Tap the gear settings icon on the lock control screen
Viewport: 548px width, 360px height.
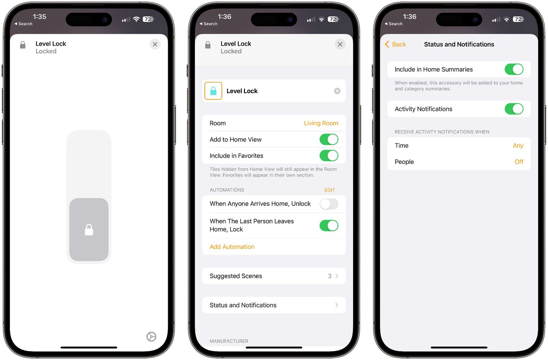point(151,337)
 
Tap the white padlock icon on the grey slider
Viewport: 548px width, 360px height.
point(89,230)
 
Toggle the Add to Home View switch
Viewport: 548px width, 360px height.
point(329,139)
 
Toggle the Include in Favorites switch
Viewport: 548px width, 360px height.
point(329,156)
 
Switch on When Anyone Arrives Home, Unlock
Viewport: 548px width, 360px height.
point(329,204)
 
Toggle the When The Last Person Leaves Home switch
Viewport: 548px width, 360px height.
point(329,225)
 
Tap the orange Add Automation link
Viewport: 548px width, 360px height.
point(232,247)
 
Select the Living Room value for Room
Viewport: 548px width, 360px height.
point(321,123)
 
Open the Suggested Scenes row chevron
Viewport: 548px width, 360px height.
point(337,276)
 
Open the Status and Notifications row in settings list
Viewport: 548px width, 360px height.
point(274,305)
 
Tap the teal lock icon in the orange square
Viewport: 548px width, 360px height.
point(213,91)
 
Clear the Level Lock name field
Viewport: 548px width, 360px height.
point(337,91)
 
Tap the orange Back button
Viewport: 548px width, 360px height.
point(395,44)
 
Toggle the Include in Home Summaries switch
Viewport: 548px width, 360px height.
point(514,69)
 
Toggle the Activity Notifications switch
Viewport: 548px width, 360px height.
point(514,109)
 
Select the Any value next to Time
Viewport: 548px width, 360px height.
point(518,146)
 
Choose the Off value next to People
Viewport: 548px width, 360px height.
point(519,162)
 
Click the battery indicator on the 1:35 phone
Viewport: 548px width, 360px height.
point(148,19)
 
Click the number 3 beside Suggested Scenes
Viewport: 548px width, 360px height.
point(329,276)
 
